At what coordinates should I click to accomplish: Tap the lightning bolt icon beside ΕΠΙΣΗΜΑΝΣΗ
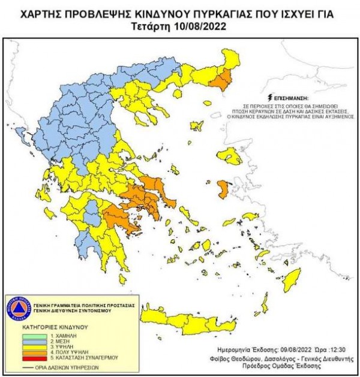(x=271, y=96)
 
